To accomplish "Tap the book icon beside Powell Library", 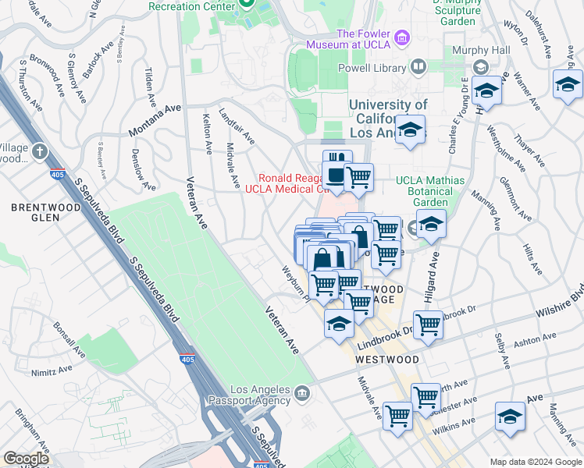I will (418, 68).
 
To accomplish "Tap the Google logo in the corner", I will (26, 459).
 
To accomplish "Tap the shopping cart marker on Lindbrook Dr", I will (428, 324).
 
